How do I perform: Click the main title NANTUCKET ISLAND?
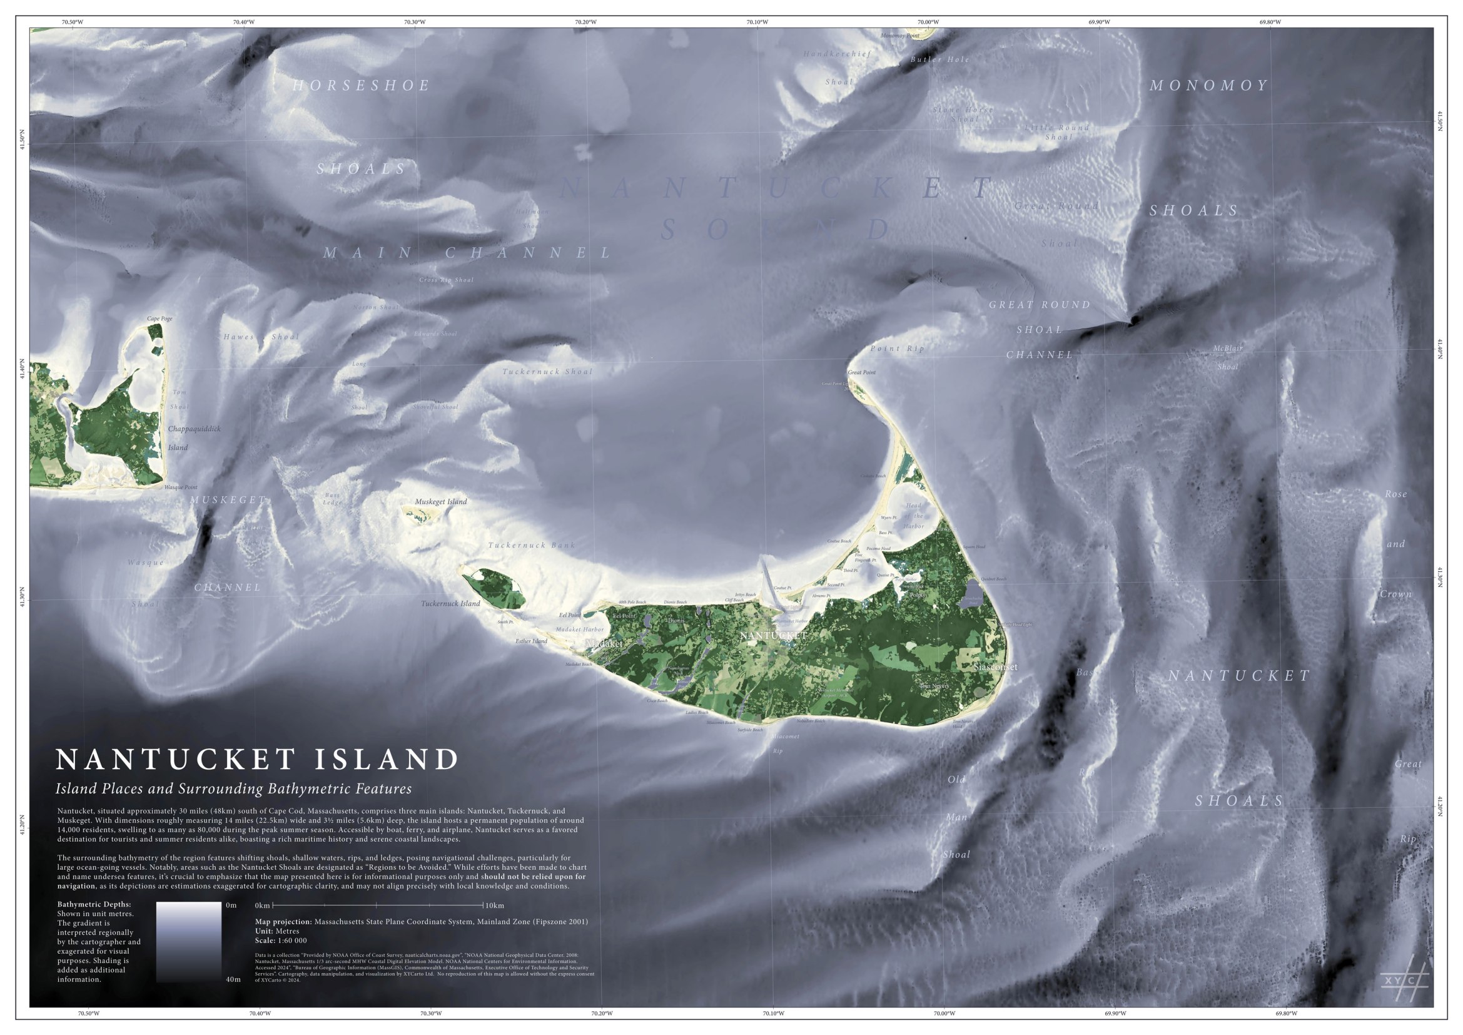(258, 760)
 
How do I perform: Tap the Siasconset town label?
(996, 667)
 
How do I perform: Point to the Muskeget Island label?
(440, 502)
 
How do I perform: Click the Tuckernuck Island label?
(450, 603)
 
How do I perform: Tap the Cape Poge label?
(159, 319)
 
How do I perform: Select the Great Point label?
(861, 372)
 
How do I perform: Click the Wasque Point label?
(180, 487)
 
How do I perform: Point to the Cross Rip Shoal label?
(446, 280)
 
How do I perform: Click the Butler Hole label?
(939, 59)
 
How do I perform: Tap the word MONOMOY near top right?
(1208, 85)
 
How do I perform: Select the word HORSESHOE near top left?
(362, 85)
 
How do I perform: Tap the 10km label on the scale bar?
(495, 905)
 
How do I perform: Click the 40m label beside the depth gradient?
(233, 979)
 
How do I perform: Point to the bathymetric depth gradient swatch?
(189, 941)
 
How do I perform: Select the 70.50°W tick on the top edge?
(72, 22)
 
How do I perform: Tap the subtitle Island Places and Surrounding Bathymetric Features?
(233, 789)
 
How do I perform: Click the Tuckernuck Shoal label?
(547, 372)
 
